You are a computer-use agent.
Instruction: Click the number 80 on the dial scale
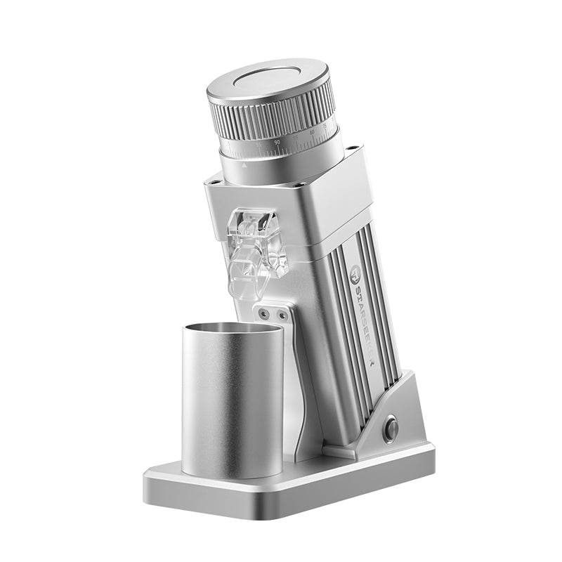pyautogui.click(x=311, y=132)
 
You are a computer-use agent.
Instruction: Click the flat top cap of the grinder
pyautogui.click(x=270, y=78)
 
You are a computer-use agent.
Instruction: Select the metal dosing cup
pyautogui.click(x=233, y=400)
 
